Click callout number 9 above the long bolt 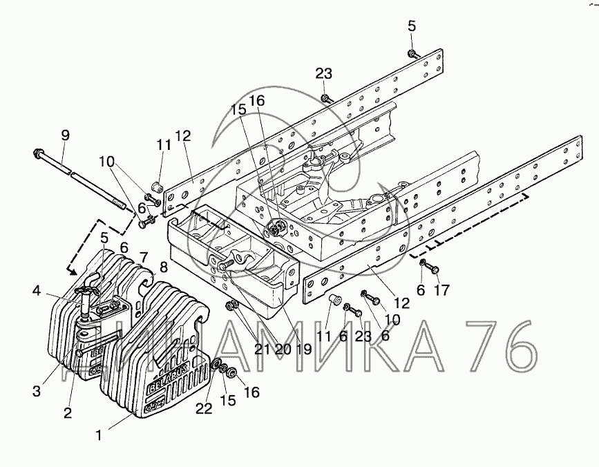[66, 135]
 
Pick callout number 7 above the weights [143, 258]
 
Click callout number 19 [303, 350]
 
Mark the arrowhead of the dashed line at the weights [73, 271]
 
